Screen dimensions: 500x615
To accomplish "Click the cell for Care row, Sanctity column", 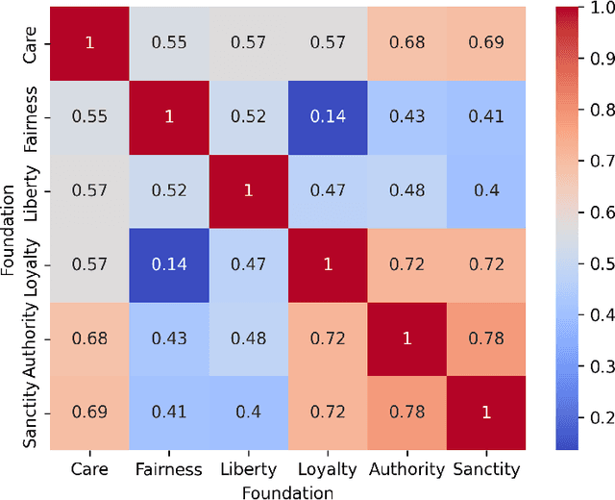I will [485, 42].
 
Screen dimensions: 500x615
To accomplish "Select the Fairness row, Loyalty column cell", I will [327, 116].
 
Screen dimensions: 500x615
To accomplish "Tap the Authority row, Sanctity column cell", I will [485, 338].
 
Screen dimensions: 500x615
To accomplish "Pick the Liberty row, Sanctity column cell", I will [485, 190].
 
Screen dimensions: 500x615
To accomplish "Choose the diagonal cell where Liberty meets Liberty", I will [248, 190].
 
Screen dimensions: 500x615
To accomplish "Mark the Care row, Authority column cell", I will [406, 42].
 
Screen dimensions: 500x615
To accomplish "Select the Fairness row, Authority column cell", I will [406, 116].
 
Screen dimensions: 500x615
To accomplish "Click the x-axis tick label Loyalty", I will [327, 469].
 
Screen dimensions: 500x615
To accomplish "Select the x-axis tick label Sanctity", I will [485, 469].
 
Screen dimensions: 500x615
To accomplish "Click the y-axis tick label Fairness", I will [32, 116].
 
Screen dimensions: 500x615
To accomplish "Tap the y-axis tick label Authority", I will [32, 338].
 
